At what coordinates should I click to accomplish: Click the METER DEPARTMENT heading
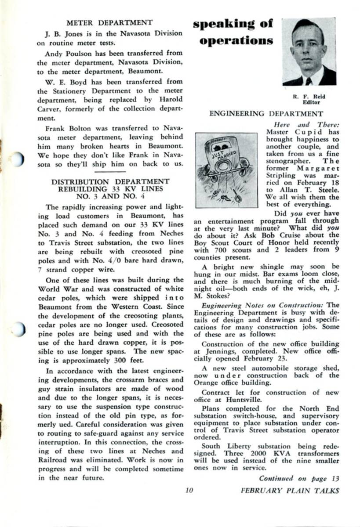[x=109, y=22]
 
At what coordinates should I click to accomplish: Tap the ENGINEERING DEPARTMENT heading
[x=266, y=114]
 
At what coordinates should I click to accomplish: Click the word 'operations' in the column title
[x=236, y=41]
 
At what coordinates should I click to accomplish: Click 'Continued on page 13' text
[x=299, y=478]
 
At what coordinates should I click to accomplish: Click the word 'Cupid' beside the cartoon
[x=300, y=132]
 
